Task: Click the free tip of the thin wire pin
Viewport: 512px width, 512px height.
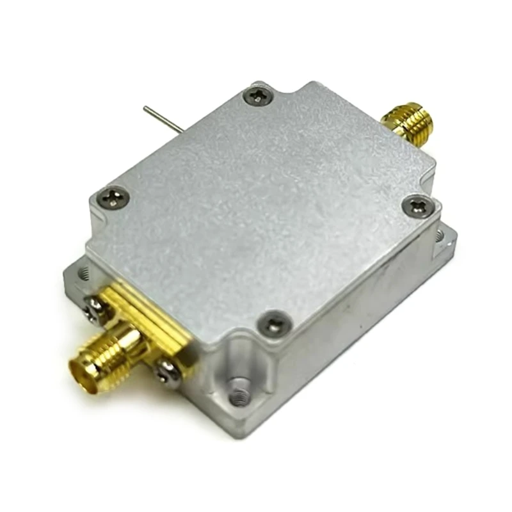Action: pyautogui.click(x=145, y=108)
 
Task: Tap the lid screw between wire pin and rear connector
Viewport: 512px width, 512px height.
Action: pyautogui.click(x=259, y=97)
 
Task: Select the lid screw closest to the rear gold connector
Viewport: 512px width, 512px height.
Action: pyautogui.click(x=417, y=206)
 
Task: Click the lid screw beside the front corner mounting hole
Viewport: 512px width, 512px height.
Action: pyautogui.click(x=275, y=323)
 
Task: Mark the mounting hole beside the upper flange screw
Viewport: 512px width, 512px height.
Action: pyautogui.click(x=81, y=275)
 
